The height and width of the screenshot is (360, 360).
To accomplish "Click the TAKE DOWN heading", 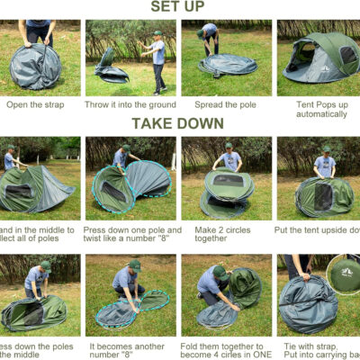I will [179, 123].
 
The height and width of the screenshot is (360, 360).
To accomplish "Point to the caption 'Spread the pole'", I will [225, 104].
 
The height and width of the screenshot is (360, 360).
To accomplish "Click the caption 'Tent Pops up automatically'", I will [320, 109].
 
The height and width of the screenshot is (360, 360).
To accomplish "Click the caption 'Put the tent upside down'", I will [319, 229].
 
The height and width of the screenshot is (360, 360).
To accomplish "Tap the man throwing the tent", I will [158, 59].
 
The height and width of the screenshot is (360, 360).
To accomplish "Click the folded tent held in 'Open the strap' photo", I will [36, 67].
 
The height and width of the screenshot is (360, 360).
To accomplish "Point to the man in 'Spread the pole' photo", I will [210, 40].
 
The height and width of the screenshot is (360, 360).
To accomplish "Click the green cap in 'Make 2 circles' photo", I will [229, 145].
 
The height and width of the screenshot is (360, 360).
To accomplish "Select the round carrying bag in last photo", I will [345, 269].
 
